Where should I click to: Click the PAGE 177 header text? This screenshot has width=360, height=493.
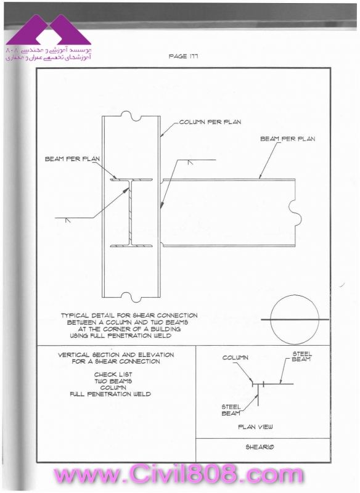point(183,56)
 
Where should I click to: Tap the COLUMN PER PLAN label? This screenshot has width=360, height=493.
point(210,122)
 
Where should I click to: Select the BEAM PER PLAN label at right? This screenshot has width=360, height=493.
point(288,139)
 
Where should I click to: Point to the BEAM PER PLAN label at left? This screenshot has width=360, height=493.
point(72,159)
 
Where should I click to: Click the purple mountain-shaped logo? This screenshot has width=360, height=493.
point(49,30)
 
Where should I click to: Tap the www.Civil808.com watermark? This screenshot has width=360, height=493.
point(179,475)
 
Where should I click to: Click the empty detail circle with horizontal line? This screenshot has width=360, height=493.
point(295,319)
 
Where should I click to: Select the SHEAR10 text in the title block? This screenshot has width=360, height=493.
point(260,447)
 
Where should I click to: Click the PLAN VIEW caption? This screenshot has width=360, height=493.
point(255,427)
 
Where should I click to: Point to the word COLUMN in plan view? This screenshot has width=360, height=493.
point(235,358)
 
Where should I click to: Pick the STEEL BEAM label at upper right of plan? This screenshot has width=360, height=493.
point(301,357)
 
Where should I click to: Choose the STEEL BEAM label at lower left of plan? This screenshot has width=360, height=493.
point(231,410)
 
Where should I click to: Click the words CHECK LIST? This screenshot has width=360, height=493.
point(113,375)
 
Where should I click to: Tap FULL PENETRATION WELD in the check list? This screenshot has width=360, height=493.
point(110,394)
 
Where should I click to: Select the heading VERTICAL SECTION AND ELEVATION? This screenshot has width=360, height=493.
point(116,355)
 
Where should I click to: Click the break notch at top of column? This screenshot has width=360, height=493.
point(131,116)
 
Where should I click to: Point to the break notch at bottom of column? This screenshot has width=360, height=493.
point(131,297)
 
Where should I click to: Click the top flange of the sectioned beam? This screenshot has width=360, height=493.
point(131,180)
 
